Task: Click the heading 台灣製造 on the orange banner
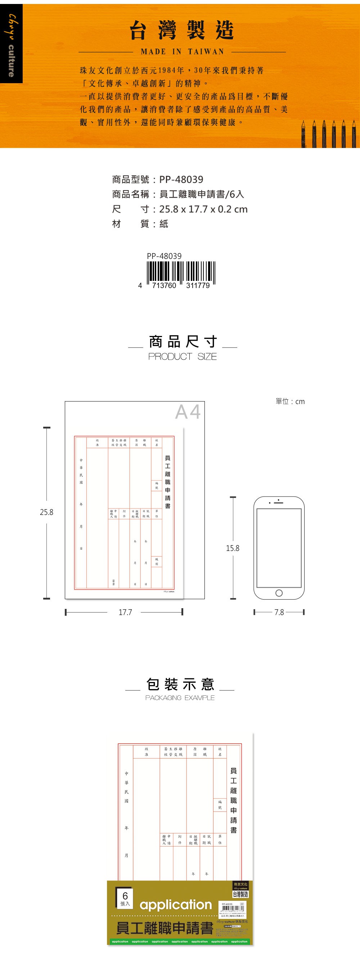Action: pos(182,30)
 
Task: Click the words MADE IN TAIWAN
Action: pos(182,51)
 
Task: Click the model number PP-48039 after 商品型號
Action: pos(181,179)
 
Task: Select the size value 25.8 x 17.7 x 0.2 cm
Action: pos(203,209)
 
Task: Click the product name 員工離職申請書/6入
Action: pos(202,194)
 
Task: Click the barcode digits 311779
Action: pos(198,286)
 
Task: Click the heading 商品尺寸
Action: pos(183,342)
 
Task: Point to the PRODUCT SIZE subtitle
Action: pos(183,356)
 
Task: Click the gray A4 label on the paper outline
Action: pos(188,412)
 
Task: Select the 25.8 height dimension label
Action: pos(47,512)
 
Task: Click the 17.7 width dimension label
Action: pos(125,612)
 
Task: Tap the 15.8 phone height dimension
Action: pos(233,548)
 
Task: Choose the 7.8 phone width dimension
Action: pos(279,612)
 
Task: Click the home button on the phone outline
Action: pos(279,593)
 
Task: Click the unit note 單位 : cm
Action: pos(290,401)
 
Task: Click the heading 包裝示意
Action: pos(180,684)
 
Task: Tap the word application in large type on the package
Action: pos(176,905)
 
